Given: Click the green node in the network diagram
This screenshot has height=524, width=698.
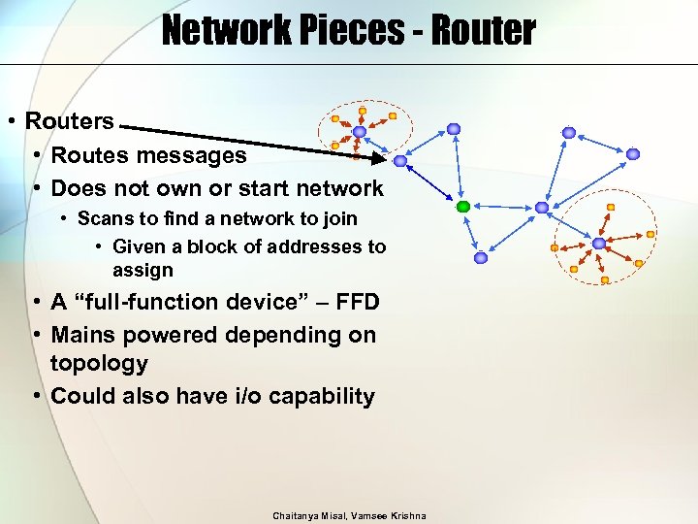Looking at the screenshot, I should [463, 206].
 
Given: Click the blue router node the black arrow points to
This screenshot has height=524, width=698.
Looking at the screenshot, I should [400, 162].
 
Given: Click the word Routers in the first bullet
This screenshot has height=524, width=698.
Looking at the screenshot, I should [70, 122].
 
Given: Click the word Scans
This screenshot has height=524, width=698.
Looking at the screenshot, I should [102, 219].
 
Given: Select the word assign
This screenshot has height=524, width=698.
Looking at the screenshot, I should [143, 270].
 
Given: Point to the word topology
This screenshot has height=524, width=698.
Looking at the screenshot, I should [99, 364].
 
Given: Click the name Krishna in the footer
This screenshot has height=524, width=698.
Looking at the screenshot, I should [407, 514].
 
